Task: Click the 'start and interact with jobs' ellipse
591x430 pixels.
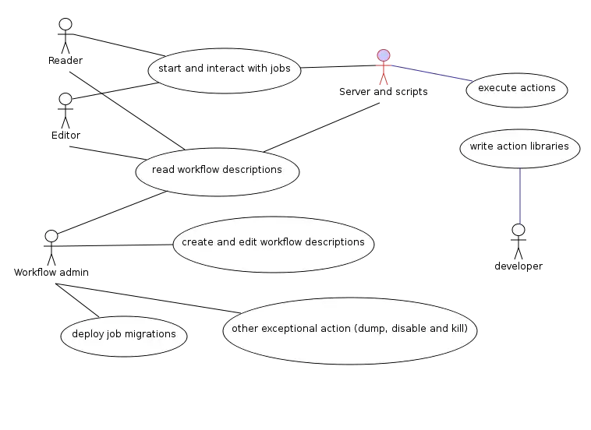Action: (x=225, y=69)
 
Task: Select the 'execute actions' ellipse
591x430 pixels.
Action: (x=516, y=89)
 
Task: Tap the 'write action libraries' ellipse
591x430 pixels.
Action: (x=518, y=147)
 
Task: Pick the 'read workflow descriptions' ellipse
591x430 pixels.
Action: (x=217, y=171)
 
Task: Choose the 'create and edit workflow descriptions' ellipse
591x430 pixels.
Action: (x=273, y=243)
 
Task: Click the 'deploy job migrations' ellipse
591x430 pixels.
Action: (x=124, y=335)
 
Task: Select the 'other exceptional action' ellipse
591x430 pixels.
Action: (x=349, y=330)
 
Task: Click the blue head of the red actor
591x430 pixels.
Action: (x=383, y=55)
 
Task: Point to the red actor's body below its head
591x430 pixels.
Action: (x=383, y=73)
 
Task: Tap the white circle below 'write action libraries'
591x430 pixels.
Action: (x=518, y=230)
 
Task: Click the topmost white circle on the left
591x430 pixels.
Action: (x=65, y=24)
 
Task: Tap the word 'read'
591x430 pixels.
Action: (x=163, y=170)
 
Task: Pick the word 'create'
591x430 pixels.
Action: (x=197, y=242)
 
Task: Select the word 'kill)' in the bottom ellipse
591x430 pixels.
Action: (x=458, y=329)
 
